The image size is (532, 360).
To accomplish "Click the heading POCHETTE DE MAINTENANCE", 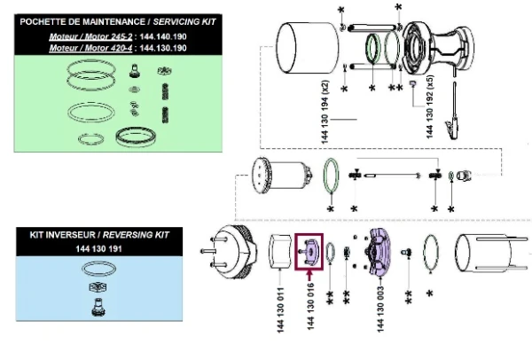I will (x=63, y=20).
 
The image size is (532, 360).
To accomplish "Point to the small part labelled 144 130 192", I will (x=413, y=84).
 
